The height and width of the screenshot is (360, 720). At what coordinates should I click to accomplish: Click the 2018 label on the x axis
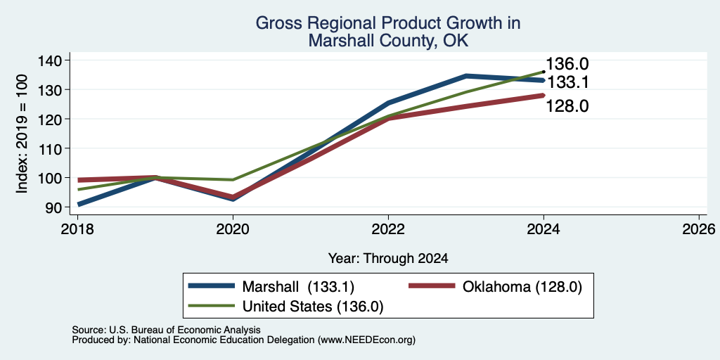click(x=77, y=229)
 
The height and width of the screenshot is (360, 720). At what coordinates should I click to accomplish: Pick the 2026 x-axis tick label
click(x=699, y=229)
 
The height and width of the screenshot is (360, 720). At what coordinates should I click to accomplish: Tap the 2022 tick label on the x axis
click(x=388, y=229)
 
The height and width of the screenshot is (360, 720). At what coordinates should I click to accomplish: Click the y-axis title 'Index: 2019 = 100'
click(x=22, y=134)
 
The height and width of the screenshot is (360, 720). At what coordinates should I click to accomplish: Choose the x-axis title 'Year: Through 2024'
click(x=388, y=259)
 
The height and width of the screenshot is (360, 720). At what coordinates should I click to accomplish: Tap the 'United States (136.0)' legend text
click(x=313, y=306)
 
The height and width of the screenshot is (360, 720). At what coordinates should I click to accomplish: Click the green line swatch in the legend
click(x=212, y=305)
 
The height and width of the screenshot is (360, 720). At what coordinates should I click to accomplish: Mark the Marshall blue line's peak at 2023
click(x=466, y=76)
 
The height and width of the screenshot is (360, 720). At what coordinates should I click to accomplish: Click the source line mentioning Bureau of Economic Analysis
click(x=166, y=330)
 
